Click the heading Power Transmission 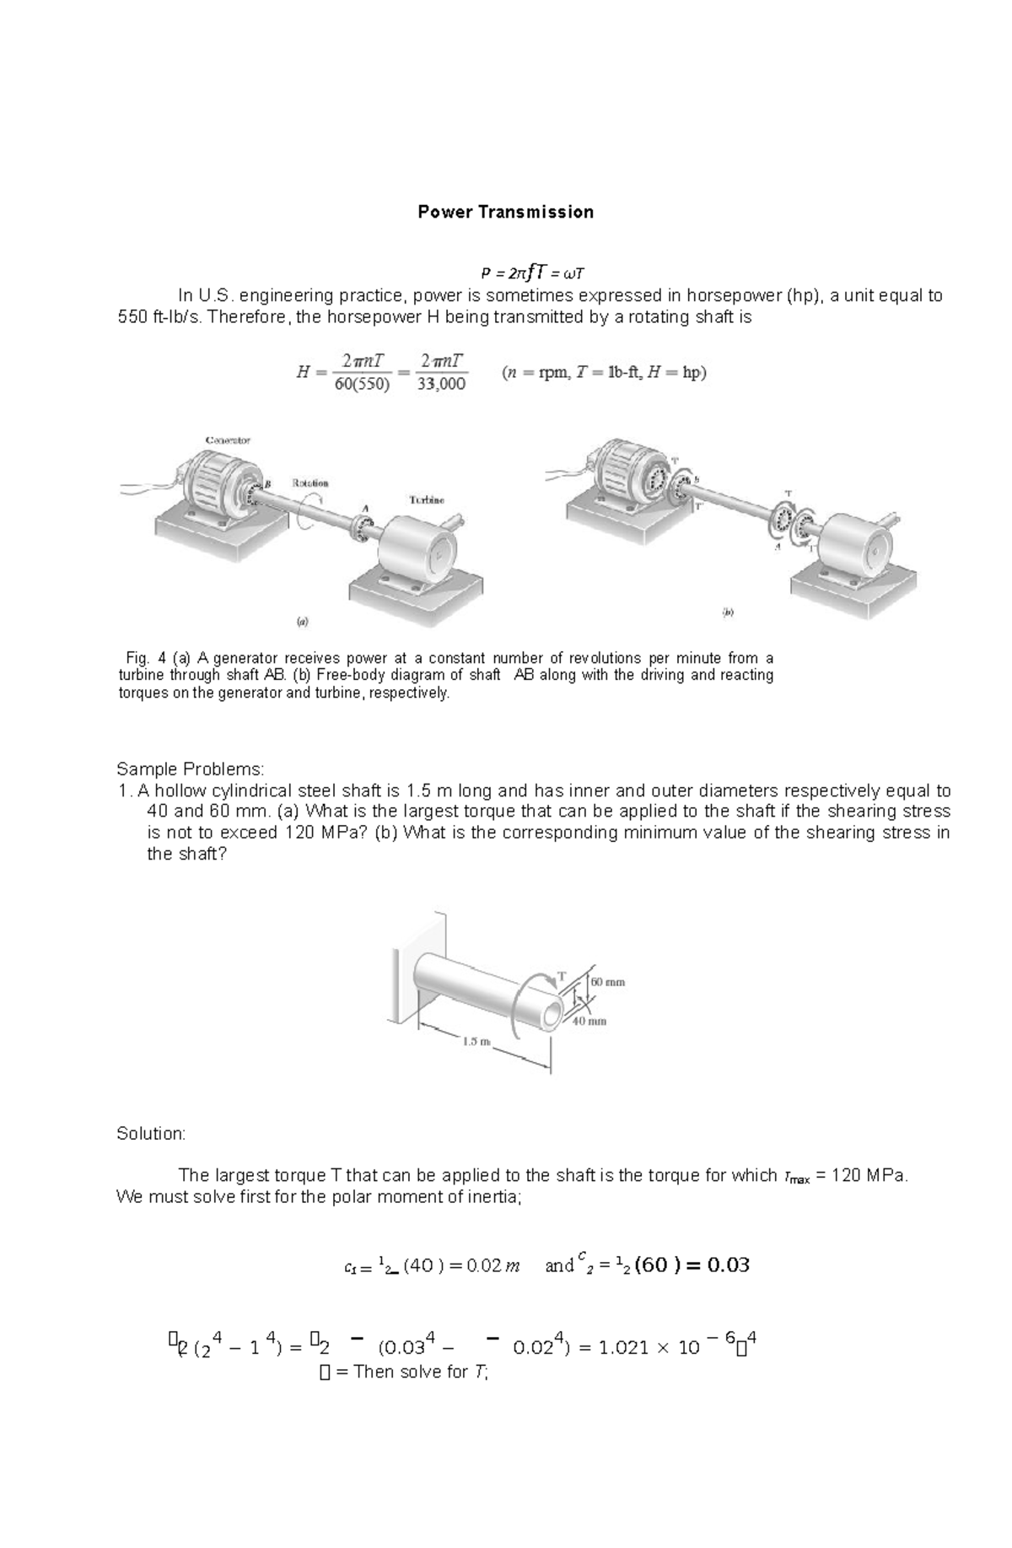[x=505, y=212]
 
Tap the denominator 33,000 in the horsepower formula [x=442, y=385]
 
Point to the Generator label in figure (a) [x=228, y=440]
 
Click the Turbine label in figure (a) [x=427, y=499]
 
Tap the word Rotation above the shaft [x=310, y=483]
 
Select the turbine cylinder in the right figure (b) [x=856, y=547]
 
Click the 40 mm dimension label [x=590, y=1021]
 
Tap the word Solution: [x=150, y=1133]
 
